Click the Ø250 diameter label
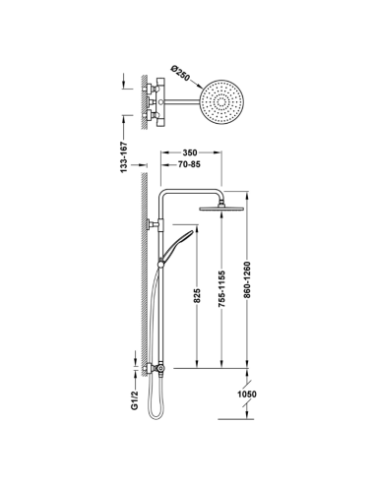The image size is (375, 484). pos(180,74)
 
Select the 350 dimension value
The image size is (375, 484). pos(190,152)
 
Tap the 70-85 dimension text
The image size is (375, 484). pos(189,164)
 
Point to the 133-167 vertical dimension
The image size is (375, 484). pos(123,157)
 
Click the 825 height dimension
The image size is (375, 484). pos(197,296)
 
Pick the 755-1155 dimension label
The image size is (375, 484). pos(222,289)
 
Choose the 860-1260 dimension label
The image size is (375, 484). pos(247,279)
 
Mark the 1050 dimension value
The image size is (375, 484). pos(247,394)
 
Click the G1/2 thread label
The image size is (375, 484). pos(135,400)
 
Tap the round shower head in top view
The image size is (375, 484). pos(222,101)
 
